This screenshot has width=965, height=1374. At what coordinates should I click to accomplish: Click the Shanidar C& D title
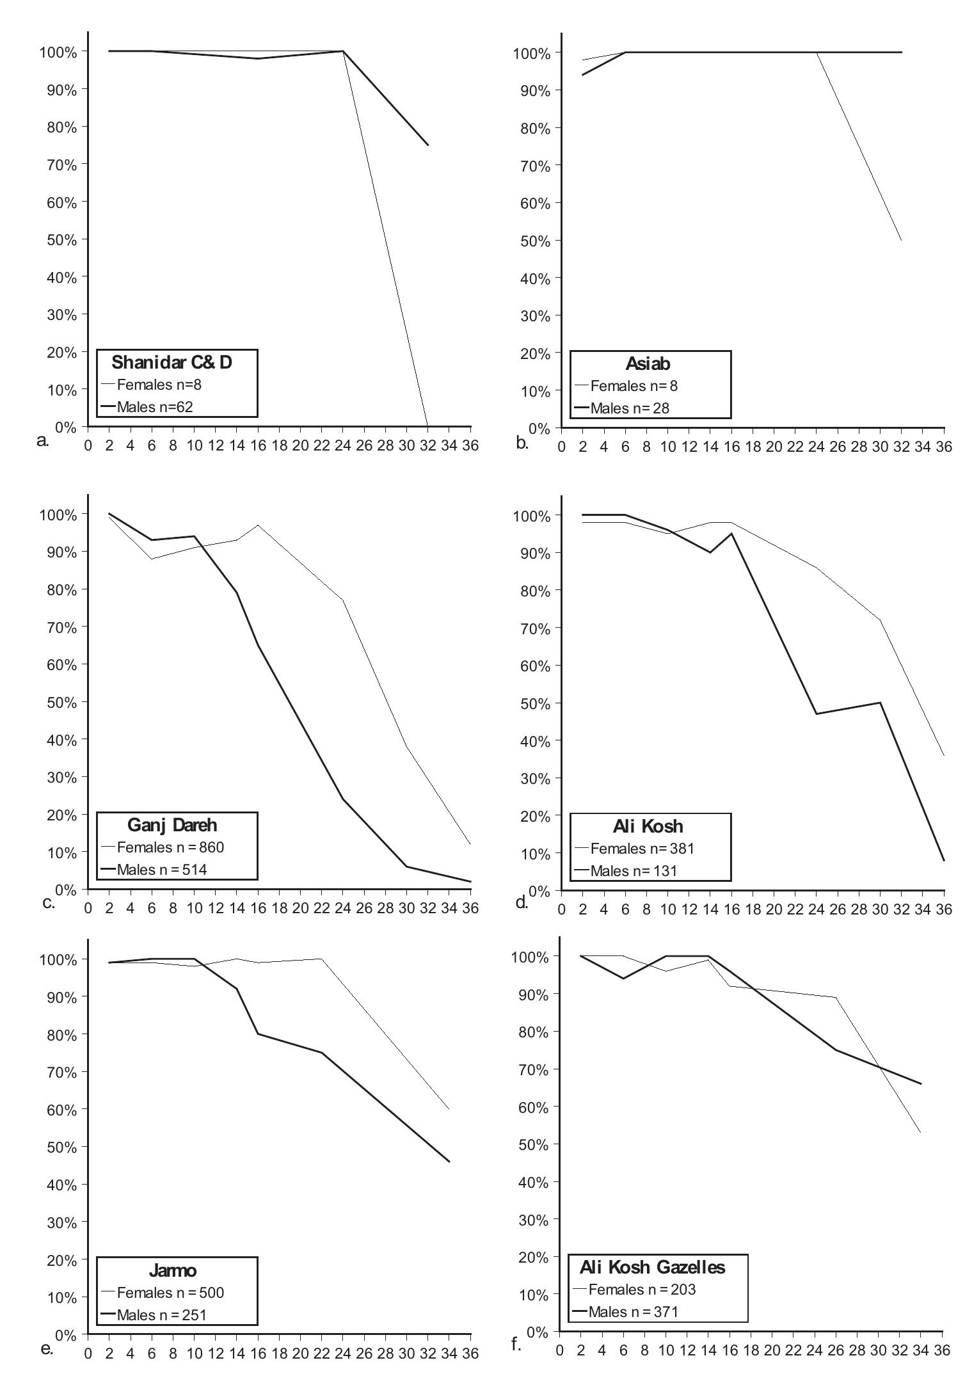pyautogui.click(x=171, y=362)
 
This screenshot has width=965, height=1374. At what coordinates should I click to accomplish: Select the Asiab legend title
pyautogui.click(x=648, y=364)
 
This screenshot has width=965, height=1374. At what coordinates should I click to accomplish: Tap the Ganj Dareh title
pyautogui.click(x=172, y=825)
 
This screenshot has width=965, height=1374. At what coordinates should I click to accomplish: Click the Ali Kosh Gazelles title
pyautogui.click(x=653, y=1267)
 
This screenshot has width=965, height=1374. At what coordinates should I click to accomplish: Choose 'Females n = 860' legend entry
pyautogui.click(x=170, y=847)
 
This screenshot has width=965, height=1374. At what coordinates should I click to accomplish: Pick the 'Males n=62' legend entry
pyautogui.click(x=154, y=407)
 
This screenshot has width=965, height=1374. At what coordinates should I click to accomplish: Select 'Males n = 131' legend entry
pyautogui.click(x=633, y=870)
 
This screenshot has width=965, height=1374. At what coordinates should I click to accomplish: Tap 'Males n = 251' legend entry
pyautogui.click(x=161, y=1314)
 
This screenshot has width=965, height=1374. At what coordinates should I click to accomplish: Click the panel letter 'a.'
pyautogui.click(x=44, y=440)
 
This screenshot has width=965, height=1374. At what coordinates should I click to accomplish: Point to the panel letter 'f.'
pyautogui.click(x=517, y=1343)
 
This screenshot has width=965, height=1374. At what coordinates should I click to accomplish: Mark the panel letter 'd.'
pyautogui.click(x=522, y=902)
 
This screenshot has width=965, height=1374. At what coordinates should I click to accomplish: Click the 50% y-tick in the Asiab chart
pyautogui.click(x=531, y=241)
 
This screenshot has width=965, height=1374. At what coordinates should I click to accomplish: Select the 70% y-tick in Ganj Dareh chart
pyautogui.click(x=56, y=627)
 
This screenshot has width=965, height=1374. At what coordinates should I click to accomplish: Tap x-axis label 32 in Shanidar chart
pyautogui.click(x=427, y=445)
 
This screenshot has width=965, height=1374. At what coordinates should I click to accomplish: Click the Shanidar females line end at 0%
pyautogui.click(x=427, y=426)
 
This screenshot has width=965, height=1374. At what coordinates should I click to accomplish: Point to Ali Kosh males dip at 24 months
pyautogui.click(x=817, y=714)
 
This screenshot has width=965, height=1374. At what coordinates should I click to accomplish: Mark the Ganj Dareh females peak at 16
pyautogui.click(x=258, y=525)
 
